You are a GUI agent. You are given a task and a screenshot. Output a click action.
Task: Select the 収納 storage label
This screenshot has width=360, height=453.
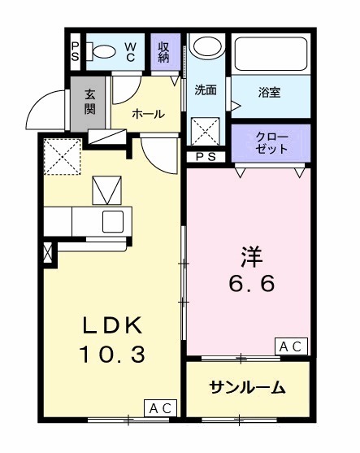(164, 51)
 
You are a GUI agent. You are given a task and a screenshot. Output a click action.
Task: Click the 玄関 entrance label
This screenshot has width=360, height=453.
(89, 102)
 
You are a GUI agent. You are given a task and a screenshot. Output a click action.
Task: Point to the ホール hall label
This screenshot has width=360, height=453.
(147, 114)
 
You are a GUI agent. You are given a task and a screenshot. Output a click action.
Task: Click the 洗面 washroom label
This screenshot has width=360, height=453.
(206, 89)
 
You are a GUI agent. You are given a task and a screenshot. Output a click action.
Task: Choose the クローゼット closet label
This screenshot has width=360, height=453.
(271, 142)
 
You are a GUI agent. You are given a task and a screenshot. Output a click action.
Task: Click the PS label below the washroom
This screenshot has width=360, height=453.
(206, 158)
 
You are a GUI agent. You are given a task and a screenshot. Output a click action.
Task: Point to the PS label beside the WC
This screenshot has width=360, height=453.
(75, 52)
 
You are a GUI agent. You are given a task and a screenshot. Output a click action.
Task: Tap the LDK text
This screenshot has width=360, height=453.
(112, 327)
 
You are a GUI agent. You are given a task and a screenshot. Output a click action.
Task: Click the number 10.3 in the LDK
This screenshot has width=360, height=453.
(112, 355)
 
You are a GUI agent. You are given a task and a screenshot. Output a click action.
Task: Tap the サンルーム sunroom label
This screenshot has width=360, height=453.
(247, 388)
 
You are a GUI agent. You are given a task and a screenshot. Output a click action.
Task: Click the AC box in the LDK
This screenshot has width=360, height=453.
(159, 408)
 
